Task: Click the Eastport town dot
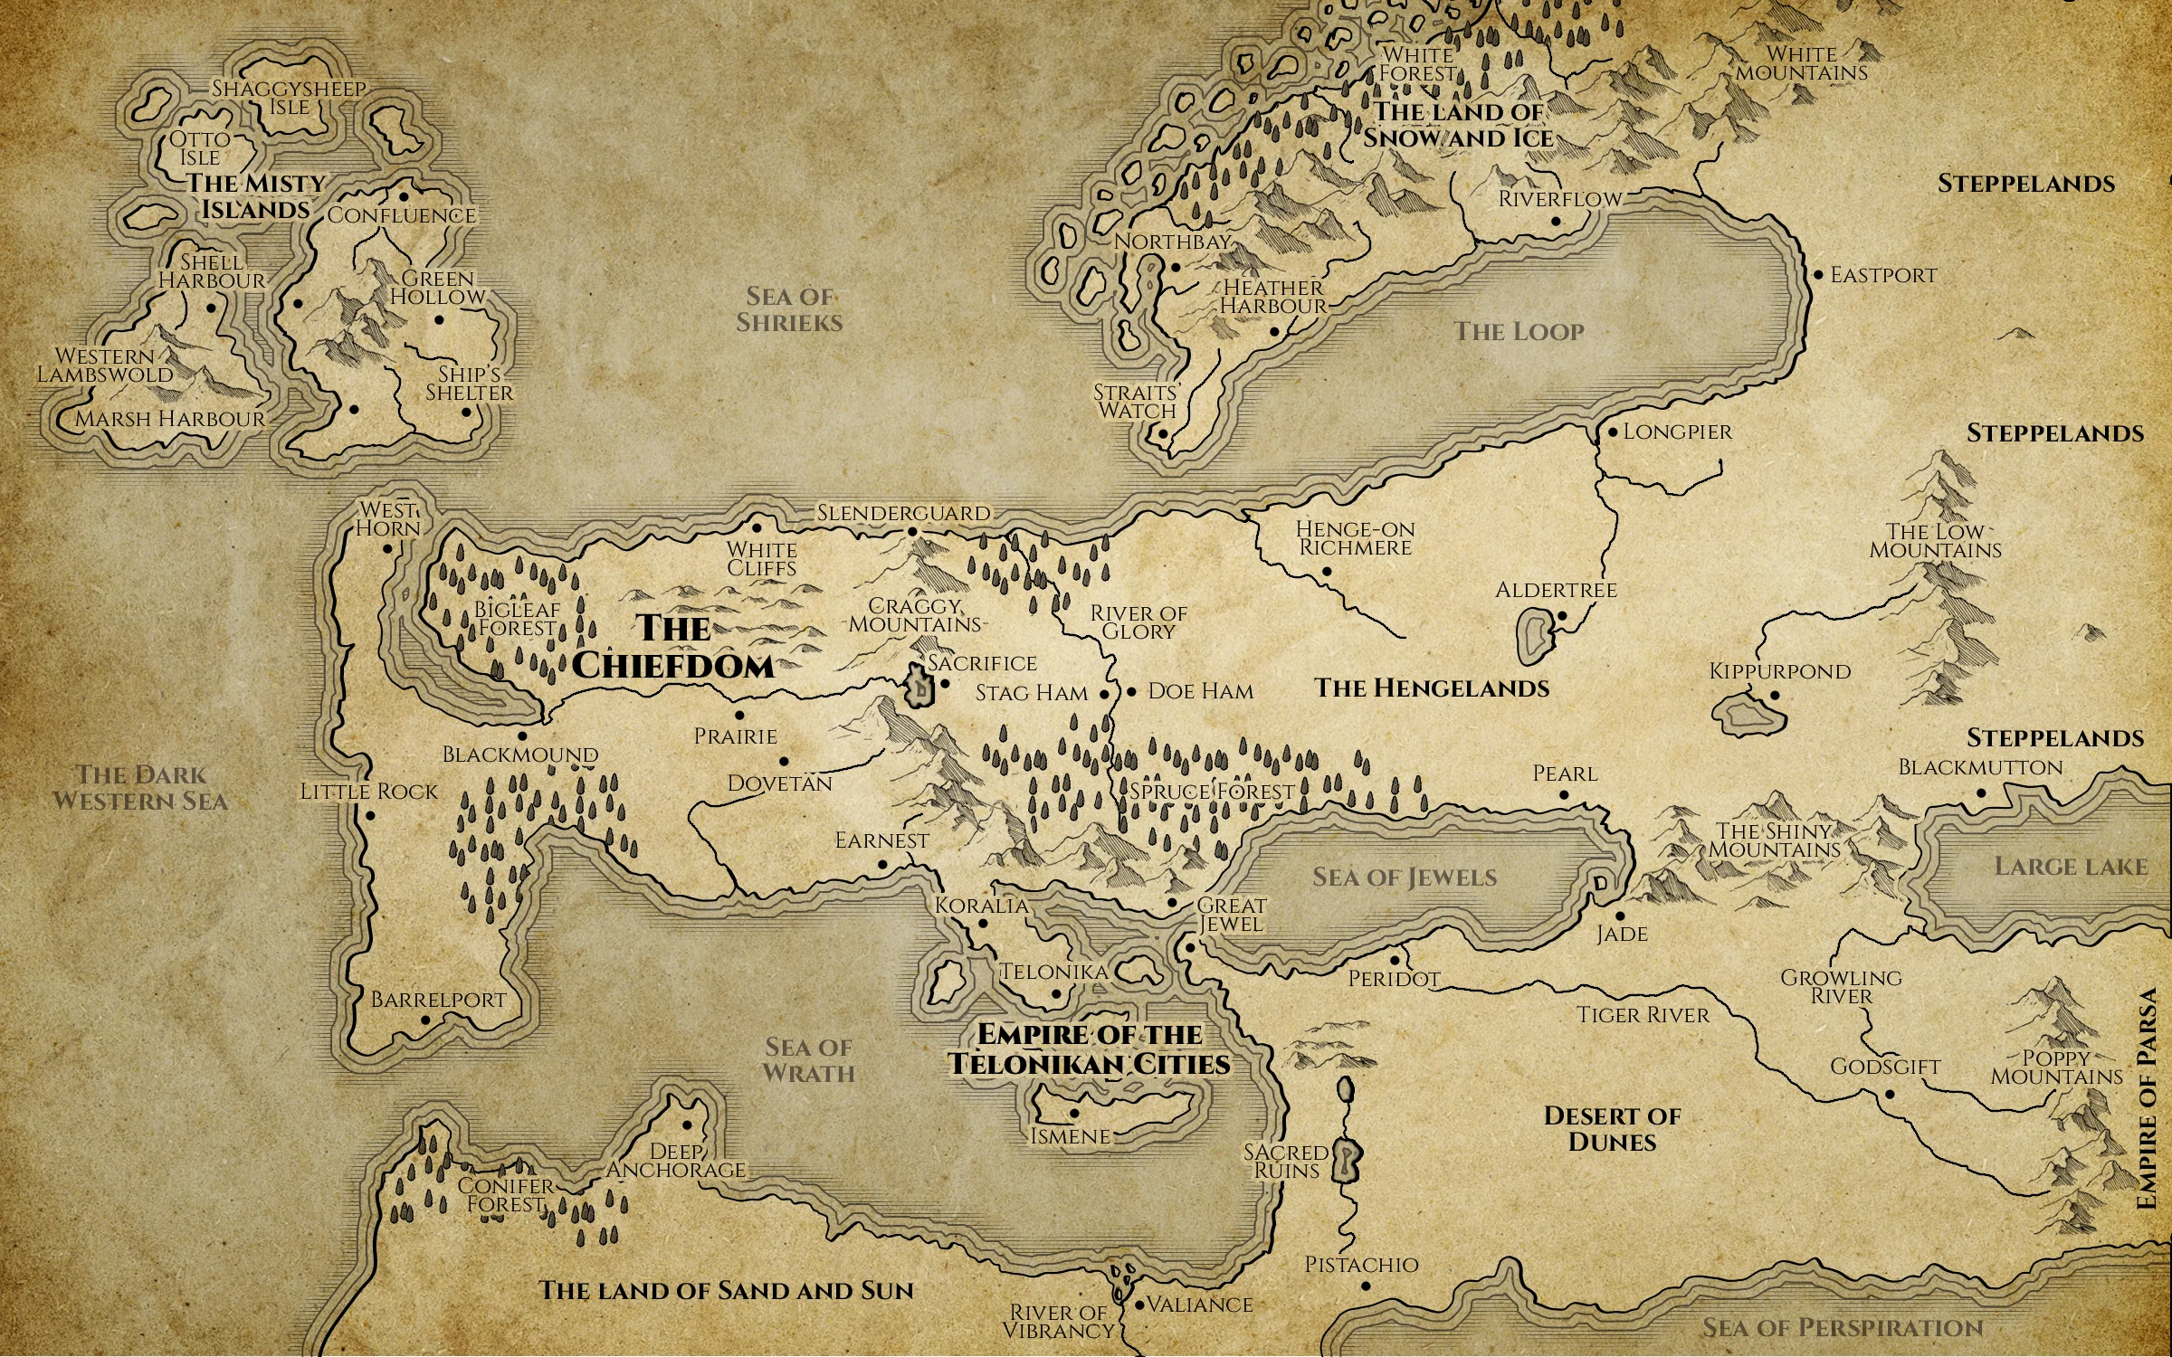[1818, 275]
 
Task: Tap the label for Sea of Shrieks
[789, 309]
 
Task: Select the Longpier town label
[1677, 432]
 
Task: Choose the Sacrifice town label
[982, 664]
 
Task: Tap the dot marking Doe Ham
[1131, 692]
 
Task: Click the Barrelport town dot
[425, 1020]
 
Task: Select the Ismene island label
[1071, 1136]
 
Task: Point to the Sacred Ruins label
[1286, 1162]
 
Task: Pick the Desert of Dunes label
[1612, 1129]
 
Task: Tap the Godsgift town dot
[1890, 1095]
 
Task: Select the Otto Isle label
[200, 148]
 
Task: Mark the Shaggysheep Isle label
[290, 98]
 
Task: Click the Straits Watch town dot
[1163, 433]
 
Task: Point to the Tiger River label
[1643, 1015]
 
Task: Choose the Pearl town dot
[1564, 796]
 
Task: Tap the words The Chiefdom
[673, 648]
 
